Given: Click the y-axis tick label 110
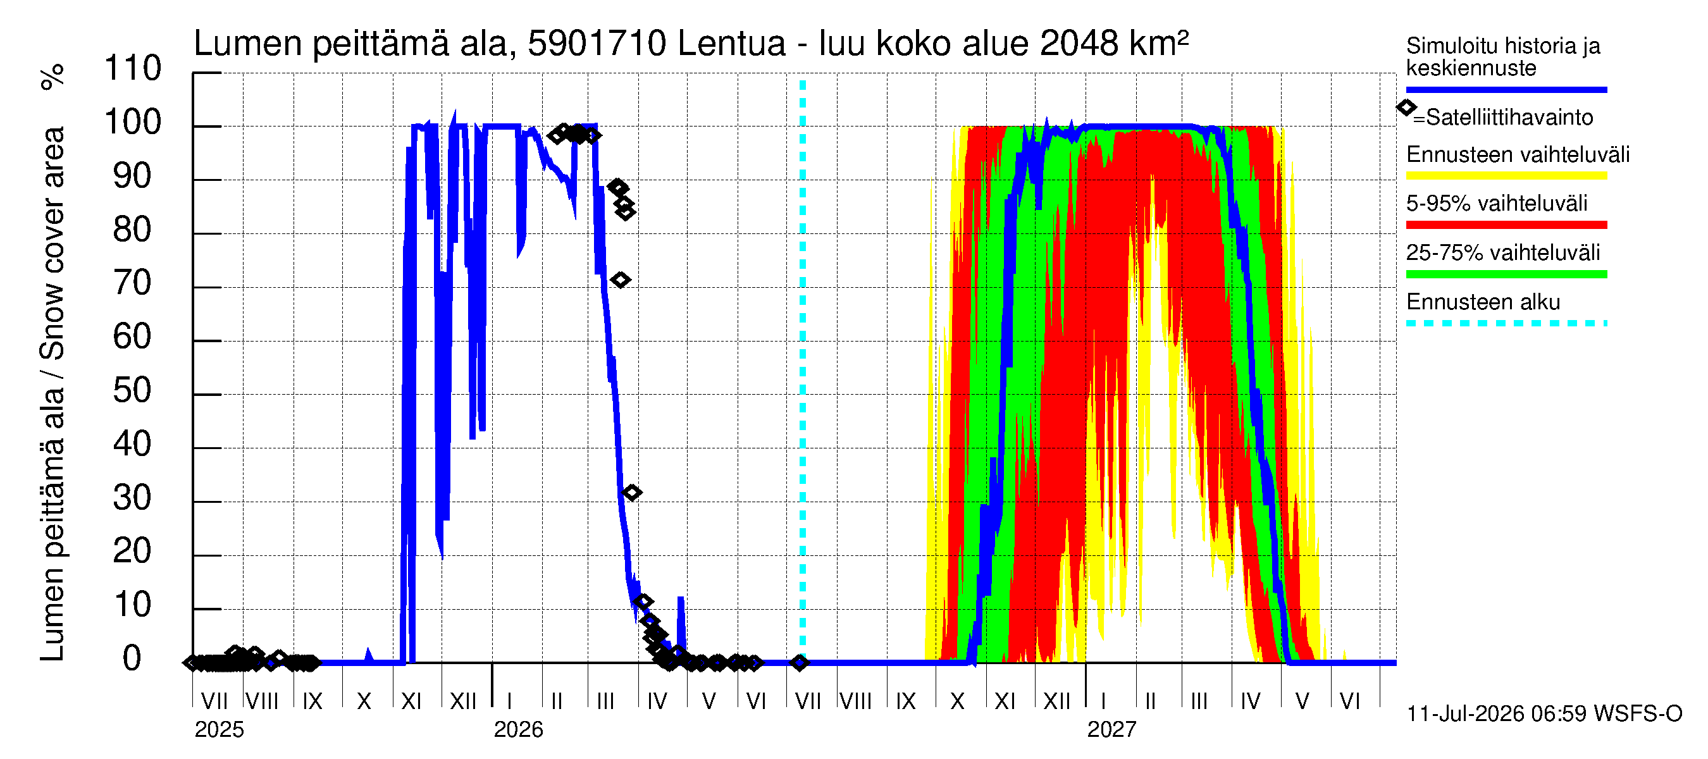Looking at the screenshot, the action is [x=133, y=68].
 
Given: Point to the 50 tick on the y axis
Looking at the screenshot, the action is [x=132, y=390].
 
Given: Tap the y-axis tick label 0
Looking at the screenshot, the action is [x=132, y=658].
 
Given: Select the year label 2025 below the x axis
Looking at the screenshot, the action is [x=220, y=730].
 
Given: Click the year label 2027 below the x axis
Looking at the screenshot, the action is [x=1112, y=730].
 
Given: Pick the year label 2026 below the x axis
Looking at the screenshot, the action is [x=519, y=730].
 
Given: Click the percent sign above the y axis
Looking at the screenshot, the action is [x=53, y=77].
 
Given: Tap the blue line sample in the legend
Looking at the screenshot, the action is [x=1506, y=89].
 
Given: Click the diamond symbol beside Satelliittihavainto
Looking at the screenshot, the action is [x=1406, y=108].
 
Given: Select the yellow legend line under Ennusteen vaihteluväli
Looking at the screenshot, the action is [x=1506, y=176].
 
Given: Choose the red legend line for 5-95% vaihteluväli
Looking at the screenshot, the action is [x=1506, y=225].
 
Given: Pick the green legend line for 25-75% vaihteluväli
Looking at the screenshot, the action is [x=1506, y=275].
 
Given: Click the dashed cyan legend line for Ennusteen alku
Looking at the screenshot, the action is [x=1506, y=323].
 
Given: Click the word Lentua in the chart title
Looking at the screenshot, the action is [x=731, y=44].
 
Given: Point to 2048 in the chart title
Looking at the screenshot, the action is [x=1079, y=44].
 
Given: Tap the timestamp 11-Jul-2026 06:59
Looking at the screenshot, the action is [x=1497, y=714].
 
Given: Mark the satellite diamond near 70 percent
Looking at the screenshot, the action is [x=620, y=280].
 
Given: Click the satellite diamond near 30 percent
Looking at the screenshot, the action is [x=632, y=493].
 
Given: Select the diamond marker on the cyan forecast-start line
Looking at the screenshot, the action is [x=800, y=662].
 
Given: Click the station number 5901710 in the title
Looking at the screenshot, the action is [x=597, y=44].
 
